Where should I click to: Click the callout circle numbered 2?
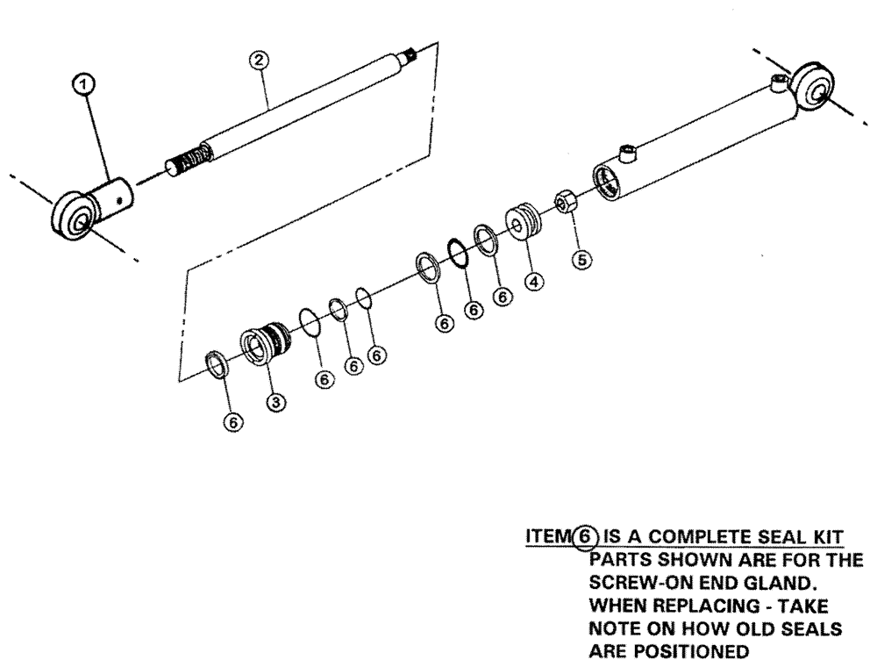(259, 61)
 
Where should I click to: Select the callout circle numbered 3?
(275, 401)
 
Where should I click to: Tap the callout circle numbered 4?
(534, 282)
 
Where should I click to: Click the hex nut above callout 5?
(566, 204)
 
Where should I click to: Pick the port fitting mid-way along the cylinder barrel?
(626, 155)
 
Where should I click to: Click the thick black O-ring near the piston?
(458, 253)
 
